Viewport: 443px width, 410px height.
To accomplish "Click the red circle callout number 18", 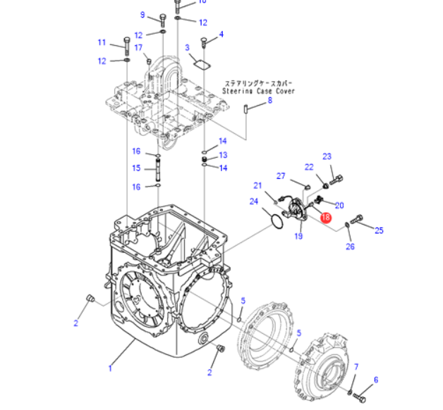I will click(x=325, y=218).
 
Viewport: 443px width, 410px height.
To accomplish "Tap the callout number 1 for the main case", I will click(x=110, y=367).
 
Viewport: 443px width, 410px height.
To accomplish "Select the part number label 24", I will click(x=254, y=202).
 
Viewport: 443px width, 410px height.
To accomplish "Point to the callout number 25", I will click(x=379, y=230).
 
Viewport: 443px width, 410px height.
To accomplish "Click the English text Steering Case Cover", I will click(x=259, y=92).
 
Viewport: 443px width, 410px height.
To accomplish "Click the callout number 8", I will click(x=269, y=101).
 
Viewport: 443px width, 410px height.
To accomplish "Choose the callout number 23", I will click(x=327, y=156).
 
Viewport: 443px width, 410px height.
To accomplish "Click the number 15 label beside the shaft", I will click(x=137, y=168).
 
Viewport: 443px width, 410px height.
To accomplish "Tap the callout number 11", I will click(x=102, y=42).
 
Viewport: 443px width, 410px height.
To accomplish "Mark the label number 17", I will click(x=138, y=47).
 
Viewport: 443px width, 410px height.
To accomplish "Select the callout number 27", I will click(x=280, y=176).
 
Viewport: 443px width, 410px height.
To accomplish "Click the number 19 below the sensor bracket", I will click(x=298, y=236).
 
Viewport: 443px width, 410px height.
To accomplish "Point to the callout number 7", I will click(x=357, y=367).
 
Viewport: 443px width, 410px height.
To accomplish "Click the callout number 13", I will click(x=223, y=155).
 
